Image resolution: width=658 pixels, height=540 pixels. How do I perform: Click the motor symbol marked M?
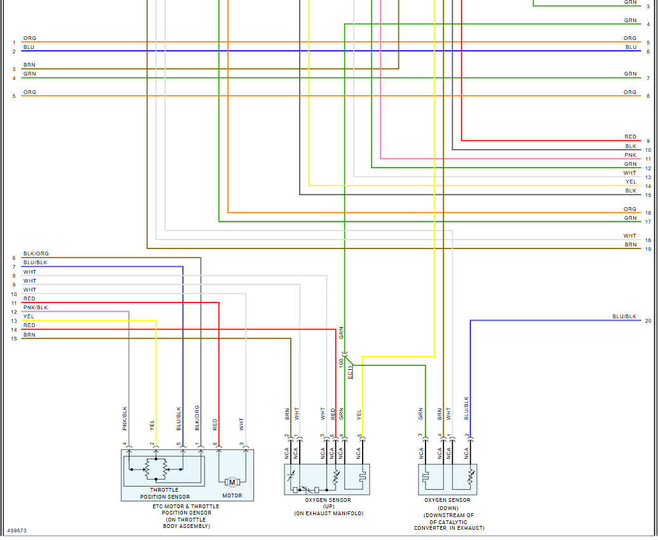(232, 482)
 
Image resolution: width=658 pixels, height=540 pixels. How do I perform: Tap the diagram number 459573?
(17, 530)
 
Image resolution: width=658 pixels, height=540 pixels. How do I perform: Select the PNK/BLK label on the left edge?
(36, 307)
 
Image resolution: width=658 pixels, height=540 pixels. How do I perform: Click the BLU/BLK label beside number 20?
(624, 316)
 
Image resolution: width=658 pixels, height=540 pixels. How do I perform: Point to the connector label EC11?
(350, 372)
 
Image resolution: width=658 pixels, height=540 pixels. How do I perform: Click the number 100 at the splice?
(341, 362)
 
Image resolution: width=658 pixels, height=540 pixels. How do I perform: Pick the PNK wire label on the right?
(630, 155)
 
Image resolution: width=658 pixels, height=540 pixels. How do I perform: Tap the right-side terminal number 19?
(648, 249)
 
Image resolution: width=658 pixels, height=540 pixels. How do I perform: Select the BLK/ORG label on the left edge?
(36, 253)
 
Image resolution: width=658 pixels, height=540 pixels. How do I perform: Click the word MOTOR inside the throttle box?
(232, 496)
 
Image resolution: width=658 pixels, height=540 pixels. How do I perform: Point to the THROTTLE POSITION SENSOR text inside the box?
(164, 493)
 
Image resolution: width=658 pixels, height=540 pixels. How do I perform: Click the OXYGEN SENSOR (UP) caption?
(328, 506)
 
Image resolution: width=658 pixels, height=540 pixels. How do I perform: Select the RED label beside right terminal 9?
(630, 137)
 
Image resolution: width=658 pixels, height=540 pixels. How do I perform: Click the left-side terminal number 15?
(13, 339)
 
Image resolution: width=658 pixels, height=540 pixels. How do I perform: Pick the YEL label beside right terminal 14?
(630, 182)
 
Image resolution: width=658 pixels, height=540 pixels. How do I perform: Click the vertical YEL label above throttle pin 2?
(152, 424)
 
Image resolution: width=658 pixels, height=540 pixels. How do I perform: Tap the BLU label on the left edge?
(29, 47)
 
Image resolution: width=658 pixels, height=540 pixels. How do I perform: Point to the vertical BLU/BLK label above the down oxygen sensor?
(467, 408)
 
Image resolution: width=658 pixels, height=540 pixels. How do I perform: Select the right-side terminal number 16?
(648, 213)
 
